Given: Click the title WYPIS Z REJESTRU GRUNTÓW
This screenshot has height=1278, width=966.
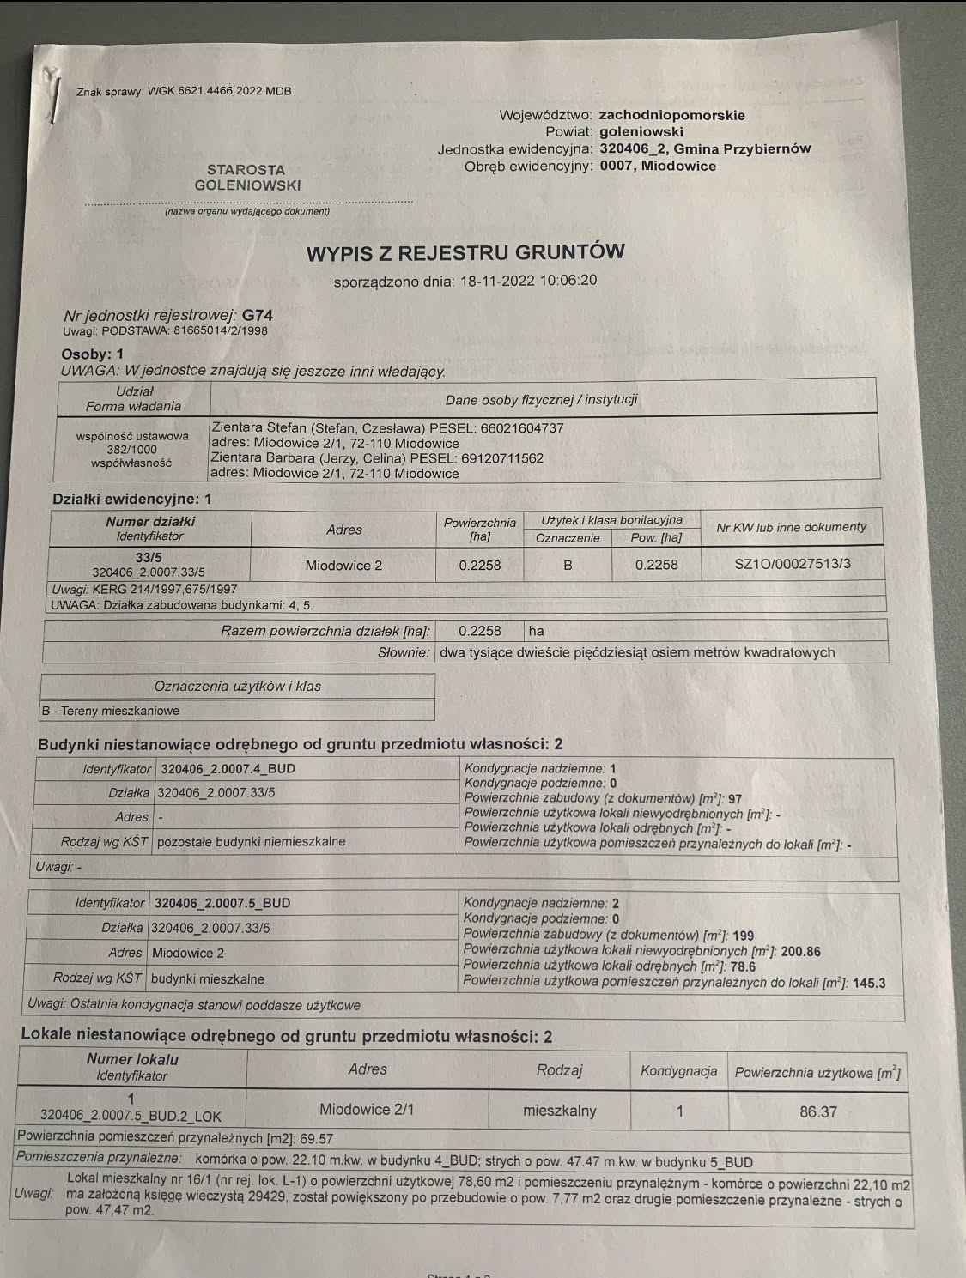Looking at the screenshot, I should click(x=465, y=252).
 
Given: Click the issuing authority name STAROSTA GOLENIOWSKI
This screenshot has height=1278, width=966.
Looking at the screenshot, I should click(x=246, y=178).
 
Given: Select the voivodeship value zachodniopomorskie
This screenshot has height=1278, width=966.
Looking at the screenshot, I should click(x=671, y=115).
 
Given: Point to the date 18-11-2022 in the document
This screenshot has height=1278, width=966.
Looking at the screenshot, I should click(x=497, y=281).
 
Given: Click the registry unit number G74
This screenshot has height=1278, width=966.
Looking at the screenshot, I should click(x=258, y=315).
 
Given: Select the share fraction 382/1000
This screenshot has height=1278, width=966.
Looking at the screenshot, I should click(x=132, y=449).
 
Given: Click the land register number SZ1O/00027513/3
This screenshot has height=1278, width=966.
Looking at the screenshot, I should click(x=793, y=564).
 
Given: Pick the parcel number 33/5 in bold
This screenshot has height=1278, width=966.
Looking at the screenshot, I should click(x=149, y=557).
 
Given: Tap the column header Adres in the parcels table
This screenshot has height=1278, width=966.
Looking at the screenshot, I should click(x=343, y=530).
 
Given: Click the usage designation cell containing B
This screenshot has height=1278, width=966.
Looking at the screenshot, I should click(x=568, y=565).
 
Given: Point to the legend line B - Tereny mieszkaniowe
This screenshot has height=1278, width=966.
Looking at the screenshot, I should click(x=111, y=711).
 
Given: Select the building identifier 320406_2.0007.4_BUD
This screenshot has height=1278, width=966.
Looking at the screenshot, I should click(x=228, y=769).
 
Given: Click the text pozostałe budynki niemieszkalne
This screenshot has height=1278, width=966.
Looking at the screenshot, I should click(x=251, y=841).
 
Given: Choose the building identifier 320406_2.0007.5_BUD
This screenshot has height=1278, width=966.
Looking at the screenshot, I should click(x=222, y=903).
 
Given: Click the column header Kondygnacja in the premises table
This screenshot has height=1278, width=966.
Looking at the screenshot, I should click(x=678, y=1071).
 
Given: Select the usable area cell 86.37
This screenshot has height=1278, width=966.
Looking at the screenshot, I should click(x=817, y=1111).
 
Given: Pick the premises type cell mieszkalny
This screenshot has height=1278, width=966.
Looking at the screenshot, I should click(x=559, y=1111).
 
